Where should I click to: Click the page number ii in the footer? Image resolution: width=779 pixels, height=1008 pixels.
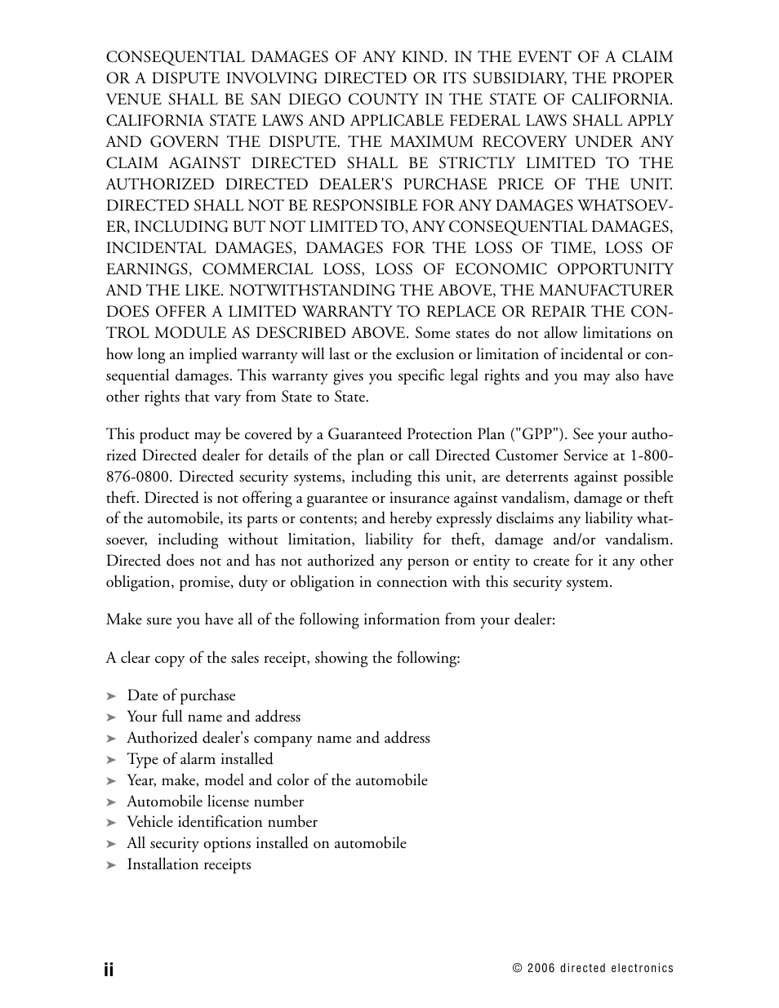tap(109, 969)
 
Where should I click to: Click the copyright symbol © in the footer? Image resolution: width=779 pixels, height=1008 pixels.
tap(517, 969)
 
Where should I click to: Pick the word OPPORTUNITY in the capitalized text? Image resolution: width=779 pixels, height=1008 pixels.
tap(615, 269)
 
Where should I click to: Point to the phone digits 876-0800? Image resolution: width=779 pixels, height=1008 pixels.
tap(137, 477)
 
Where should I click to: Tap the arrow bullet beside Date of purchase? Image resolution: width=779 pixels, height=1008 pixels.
tap(112, 696)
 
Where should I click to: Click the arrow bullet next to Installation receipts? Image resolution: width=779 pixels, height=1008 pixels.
tap(112, 865)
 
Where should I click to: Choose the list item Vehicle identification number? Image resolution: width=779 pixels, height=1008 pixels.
tap(221, 822)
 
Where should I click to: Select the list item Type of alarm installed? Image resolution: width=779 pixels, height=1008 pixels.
tap(199, 759)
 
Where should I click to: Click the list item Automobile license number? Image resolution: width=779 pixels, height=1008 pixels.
tap(215, 802)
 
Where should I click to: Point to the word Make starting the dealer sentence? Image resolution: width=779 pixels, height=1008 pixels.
tap(122, 619)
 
